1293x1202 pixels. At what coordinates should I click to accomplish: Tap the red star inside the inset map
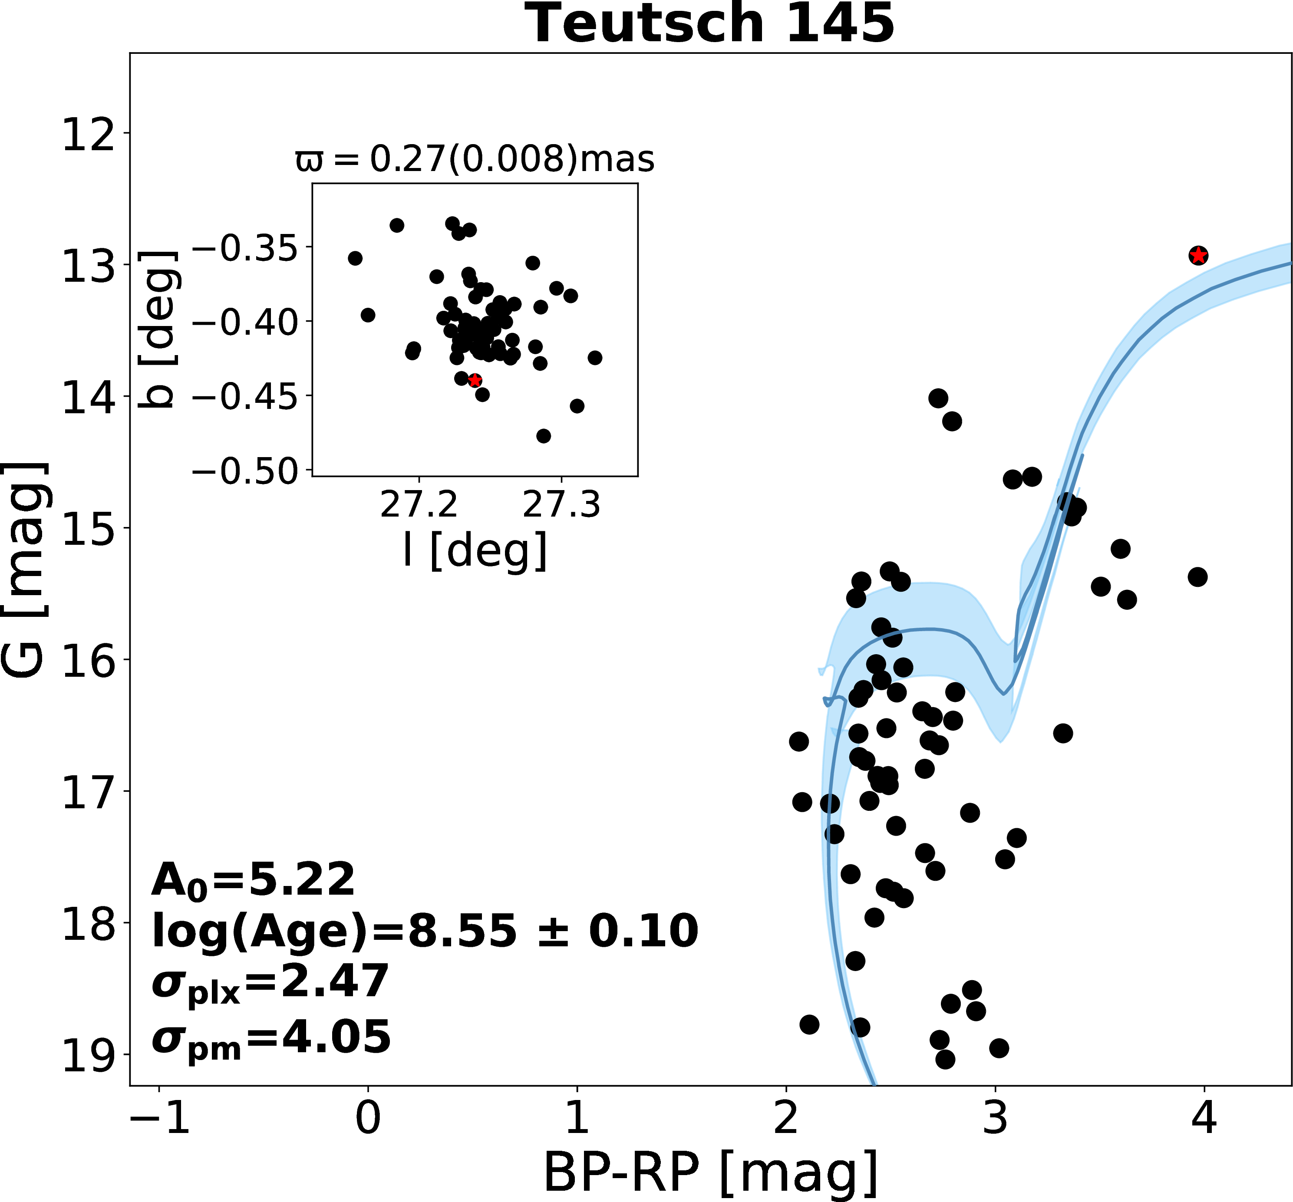tap(475, 380)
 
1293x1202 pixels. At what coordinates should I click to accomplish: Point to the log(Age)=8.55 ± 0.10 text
tap(425, 931)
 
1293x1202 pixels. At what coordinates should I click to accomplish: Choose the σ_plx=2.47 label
tap(270, 983)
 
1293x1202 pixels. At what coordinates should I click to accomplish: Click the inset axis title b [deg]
tap(159, 329)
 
